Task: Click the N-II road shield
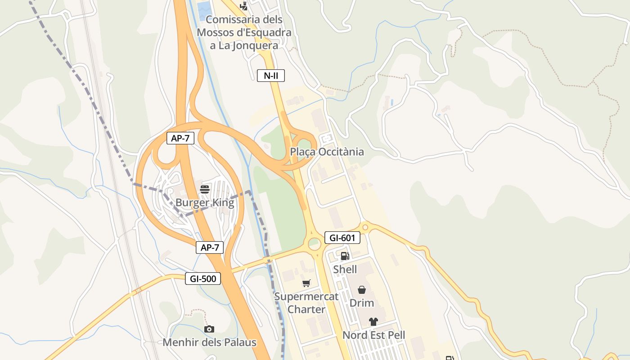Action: click(x=271, y=76)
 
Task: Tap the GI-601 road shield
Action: click(x=342, y=238)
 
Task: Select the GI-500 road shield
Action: click(x=203, y=279)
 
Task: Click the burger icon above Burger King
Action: click(x=205, y=189)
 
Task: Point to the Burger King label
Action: click(x=205, y=202)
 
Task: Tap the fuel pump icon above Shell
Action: click(x=345, y=256)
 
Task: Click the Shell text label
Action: click(x=345, y=270)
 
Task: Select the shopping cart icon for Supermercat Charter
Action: click(x=306, y=283)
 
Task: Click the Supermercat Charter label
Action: click(x=306, y=303)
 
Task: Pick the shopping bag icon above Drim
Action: click(x=361, y=290)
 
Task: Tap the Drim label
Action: click(x=361, y=303)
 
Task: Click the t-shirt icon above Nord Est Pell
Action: click(x=373, y=322)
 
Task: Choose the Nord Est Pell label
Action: click(x=373, y=335)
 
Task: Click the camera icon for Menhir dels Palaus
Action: click(x=209, y=329)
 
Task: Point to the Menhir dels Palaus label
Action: click(x=209, y=342)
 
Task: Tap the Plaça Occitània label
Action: click(x=327, y=152)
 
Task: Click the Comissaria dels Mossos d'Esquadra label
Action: click(x=244, y=32)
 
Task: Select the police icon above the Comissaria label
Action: click(x=243, y=6)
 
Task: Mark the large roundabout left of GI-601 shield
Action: click(x=314, y=244)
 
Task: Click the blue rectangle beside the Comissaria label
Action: click(x=203, y=8)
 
